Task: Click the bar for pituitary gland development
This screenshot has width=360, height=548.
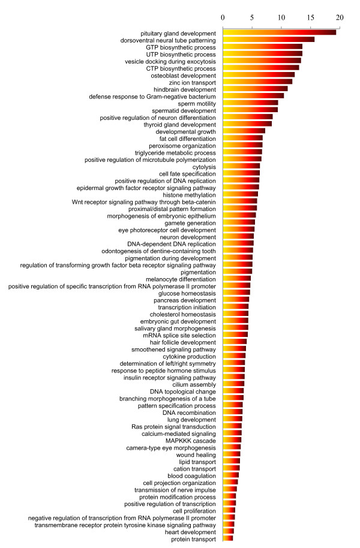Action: click(280, 32)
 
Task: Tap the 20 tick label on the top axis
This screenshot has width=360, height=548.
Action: click(340, 17)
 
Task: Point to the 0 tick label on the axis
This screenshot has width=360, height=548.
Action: click(223, 17)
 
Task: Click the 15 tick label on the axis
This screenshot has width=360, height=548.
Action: click(310, 17)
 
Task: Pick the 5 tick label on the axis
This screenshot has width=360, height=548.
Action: click(252, 17)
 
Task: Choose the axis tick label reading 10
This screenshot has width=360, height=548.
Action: click(281, 17)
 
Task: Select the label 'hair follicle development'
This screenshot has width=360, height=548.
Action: click(182, 342)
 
